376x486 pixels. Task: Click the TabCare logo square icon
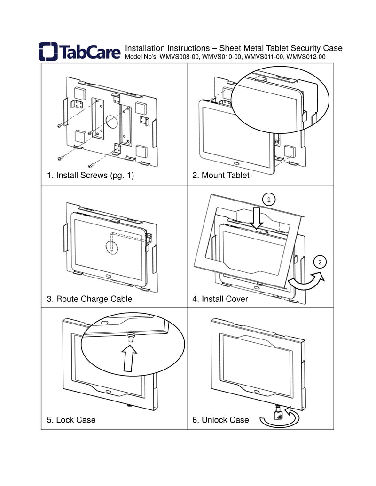48,52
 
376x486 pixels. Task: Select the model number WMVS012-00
306,57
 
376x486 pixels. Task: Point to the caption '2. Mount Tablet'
220,176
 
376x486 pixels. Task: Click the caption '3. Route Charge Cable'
89,299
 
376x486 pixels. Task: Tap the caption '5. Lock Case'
71,420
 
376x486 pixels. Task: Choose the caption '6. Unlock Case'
220,420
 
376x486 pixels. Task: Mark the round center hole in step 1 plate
112,123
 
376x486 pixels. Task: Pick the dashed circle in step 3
110,246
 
